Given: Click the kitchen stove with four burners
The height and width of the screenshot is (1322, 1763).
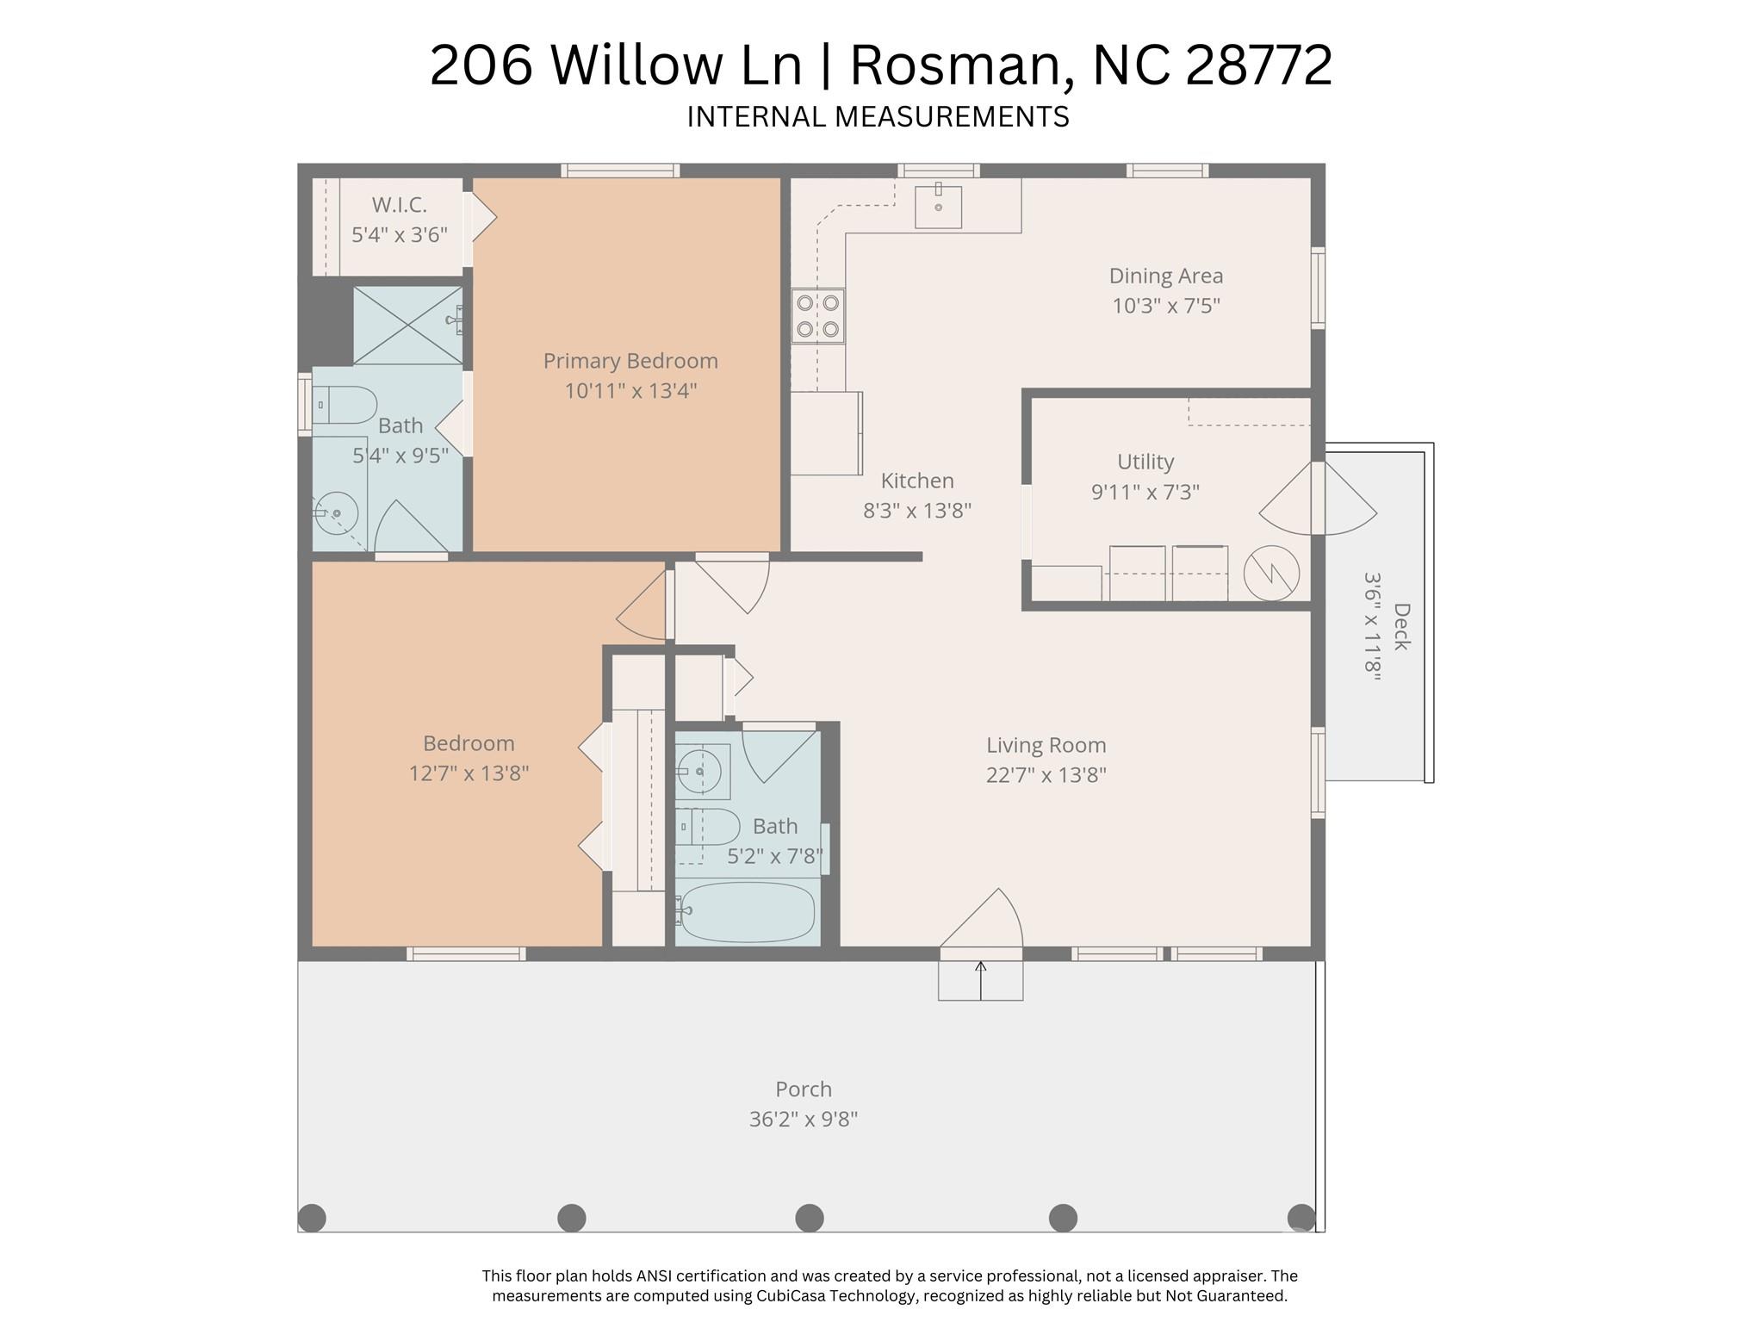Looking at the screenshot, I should [817, 316].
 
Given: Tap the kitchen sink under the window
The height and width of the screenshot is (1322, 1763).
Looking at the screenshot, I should [938, 207].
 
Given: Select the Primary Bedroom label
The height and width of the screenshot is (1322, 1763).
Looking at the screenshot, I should [630, 361].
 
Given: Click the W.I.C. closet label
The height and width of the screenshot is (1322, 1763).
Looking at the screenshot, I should [399, 205].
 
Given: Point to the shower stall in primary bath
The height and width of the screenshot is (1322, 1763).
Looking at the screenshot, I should [407, 326].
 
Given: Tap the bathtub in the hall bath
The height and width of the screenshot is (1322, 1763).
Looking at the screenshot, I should [746, 912].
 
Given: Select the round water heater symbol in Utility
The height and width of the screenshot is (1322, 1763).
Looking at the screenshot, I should [1270, 573].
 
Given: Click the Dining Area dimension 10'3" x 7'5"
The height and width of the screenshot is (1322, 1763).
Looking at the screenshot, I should [1165, 306].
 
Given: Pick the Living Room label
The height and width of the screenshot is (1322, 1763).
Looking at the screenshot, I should [1046, 745].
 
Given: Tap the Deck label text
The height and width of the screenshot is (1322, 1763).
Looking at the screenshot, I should [1401, 627].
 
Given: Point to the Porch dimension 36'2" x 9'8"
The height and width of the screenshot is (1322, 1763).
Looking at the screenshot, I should [803, 1119].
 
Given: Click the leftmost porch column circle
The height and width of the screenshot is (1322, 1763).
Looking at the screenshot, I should [312, 1218].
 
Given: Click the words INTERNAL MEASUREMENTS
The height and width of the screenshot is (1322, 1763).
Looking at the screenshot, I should [878, 117].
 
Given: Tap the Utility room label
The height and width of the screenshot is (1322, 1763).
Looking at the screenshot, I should [1145, 462].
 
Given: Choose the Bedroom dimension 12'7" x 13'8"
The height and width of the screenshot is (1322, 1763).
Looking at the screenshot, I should [469, 773].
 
